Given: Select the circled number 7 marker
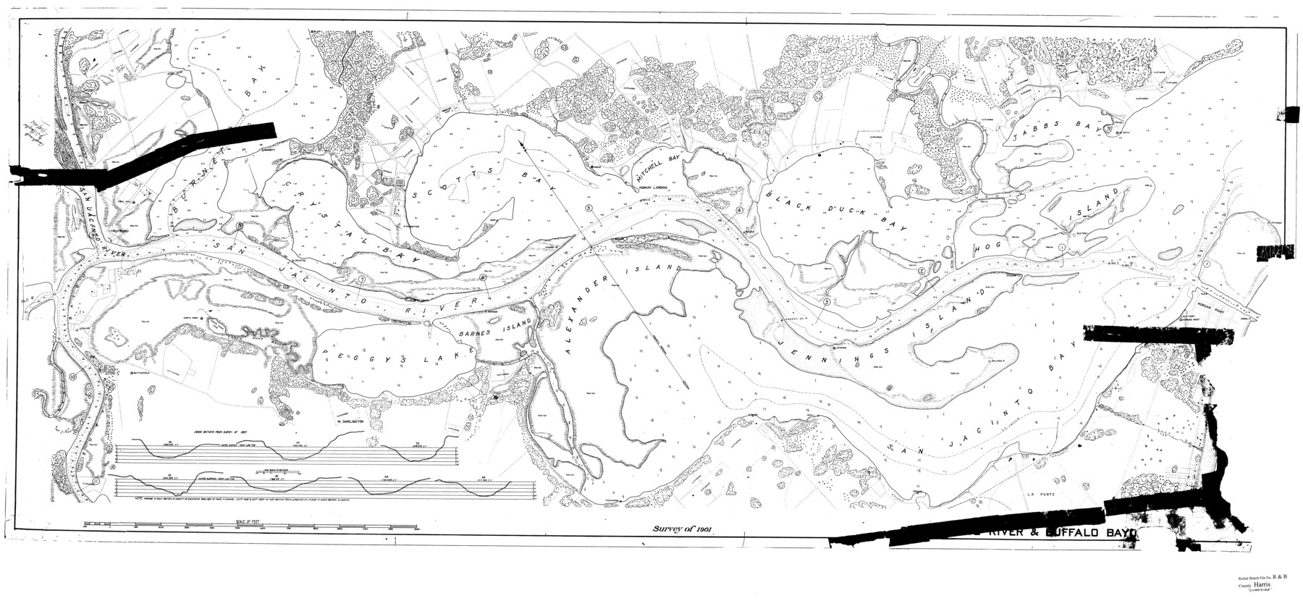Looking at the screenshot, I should coord(360,280).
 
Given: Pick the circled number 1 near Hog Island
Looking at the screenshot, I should coord(1061,248).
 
